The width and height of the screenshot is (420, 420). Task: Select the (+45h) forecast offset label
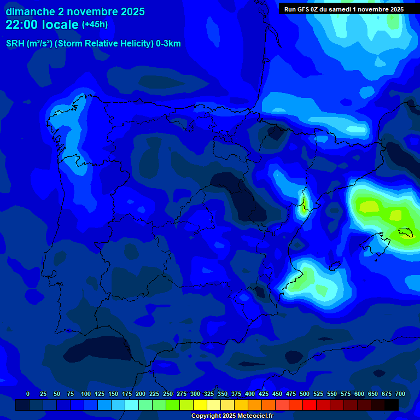click(95, 25)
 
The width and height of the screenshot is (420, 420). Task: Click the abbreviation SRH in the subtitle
click(16, 44)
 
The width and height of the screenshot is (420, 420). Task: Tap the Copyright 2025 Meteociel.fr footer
click(232, 416)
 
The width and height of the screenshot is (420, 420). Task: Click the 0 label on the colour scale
click(28, 394)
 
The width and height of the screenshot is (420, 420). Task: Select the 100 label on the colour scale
click(86, 394)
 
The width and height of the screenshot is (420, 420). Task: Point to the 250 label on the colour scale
click(168, 394)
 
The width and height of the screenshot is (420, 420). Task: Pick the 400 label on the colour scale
click(250, 394)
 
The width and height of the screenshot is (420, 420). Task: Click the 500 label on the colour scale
click(305, 394)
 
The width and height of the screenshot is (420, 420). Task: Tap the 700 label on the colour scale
click(400, 394)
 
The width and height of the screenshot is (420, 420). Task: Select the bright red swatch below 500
click(310, 405)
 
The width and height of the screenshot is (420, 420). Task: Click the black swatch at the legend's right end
click(392, 405)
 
